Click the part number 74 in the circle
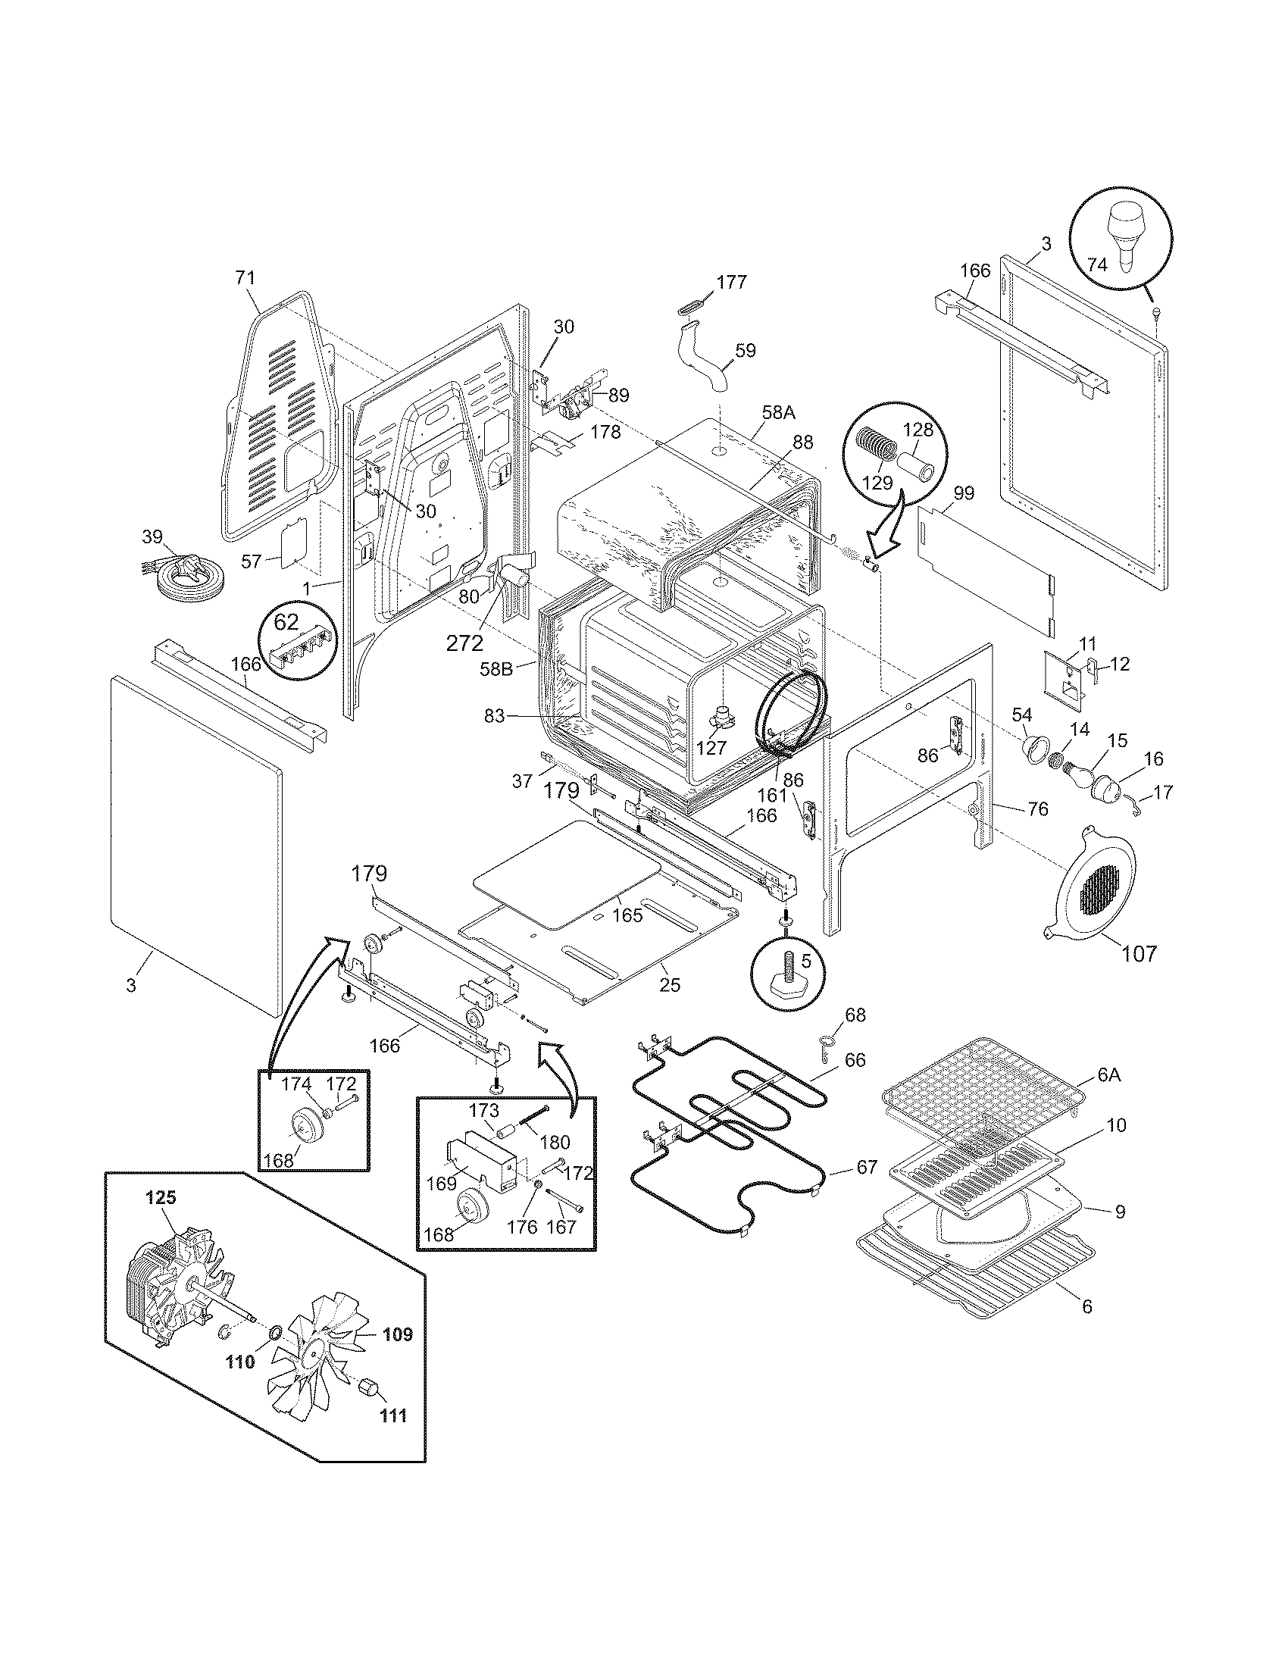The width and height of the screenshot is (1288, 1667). tap(1096, 266)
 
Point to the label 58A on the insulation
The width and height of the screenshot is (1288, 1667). tap(777, 413)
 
